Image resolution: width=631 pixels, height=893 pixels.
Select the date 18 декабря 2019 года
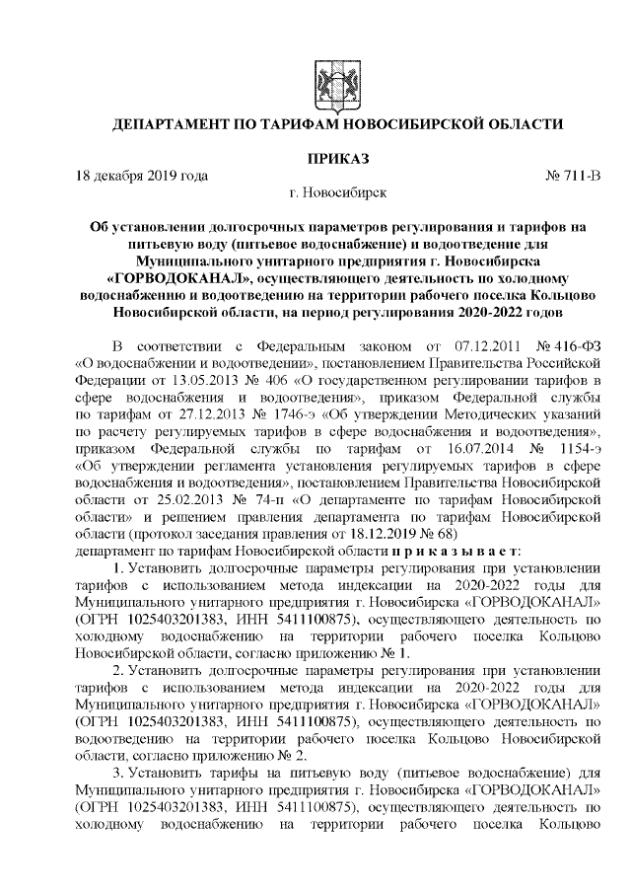click(x=142, y=177)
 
